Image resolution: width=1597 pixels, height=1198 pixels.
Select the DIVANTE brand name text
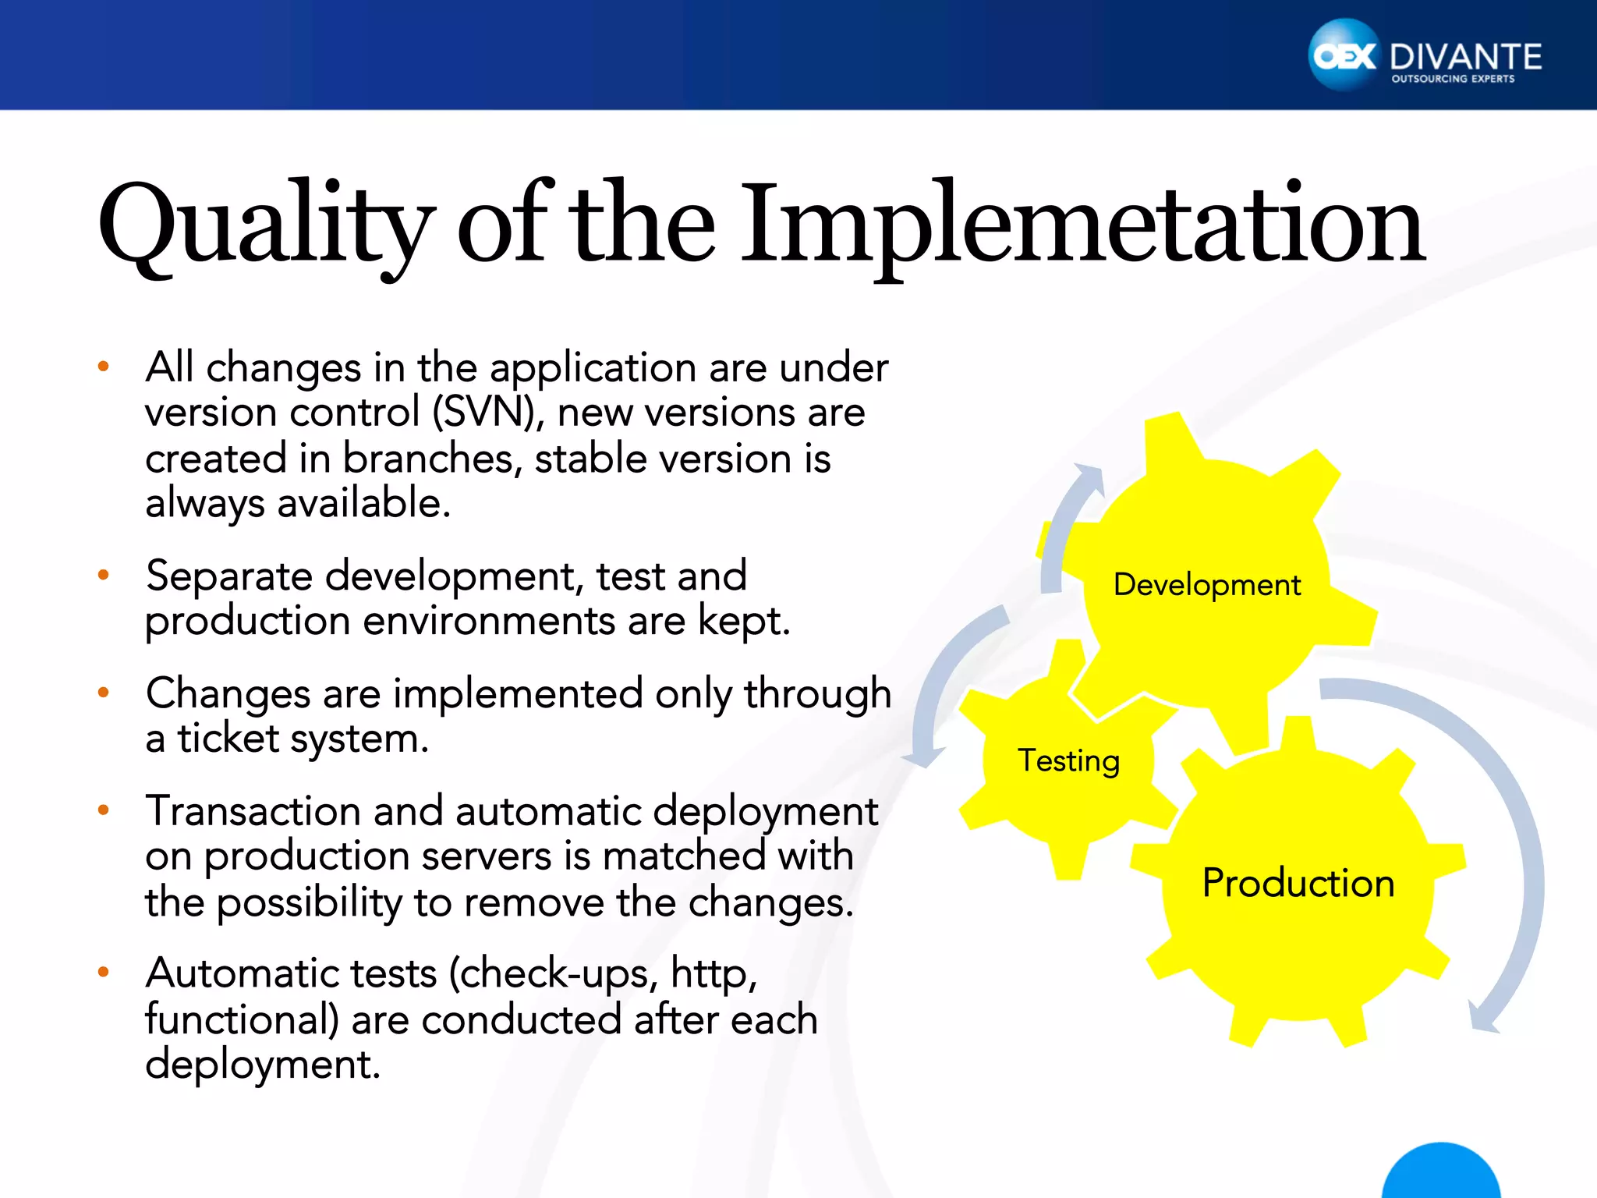point(1465,57)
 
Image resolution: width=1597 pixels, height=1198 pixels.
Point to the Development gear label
point(1206,585)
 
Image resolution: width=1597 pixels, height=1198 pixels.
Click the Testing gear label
point(1068,760)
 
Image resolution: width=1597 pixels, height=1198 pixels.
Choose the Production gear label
point(1298,883)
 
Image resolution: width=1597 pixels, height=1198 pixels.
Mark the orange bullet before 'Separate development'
point(103,576)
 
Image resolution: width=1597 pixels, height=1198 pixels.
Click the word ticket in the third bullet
point(228,738)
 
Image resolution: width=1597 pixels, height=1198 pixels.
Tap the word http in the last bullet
point(713,973)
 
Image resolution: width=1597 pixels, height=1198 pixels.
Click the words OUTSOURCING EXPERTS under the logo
point(1453,79)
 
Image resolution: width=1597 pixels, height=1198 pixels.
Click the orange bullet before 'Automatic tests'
point(103,972)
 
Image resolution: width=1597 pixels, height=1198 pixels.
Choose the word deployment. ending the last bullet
point(262,1065)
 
